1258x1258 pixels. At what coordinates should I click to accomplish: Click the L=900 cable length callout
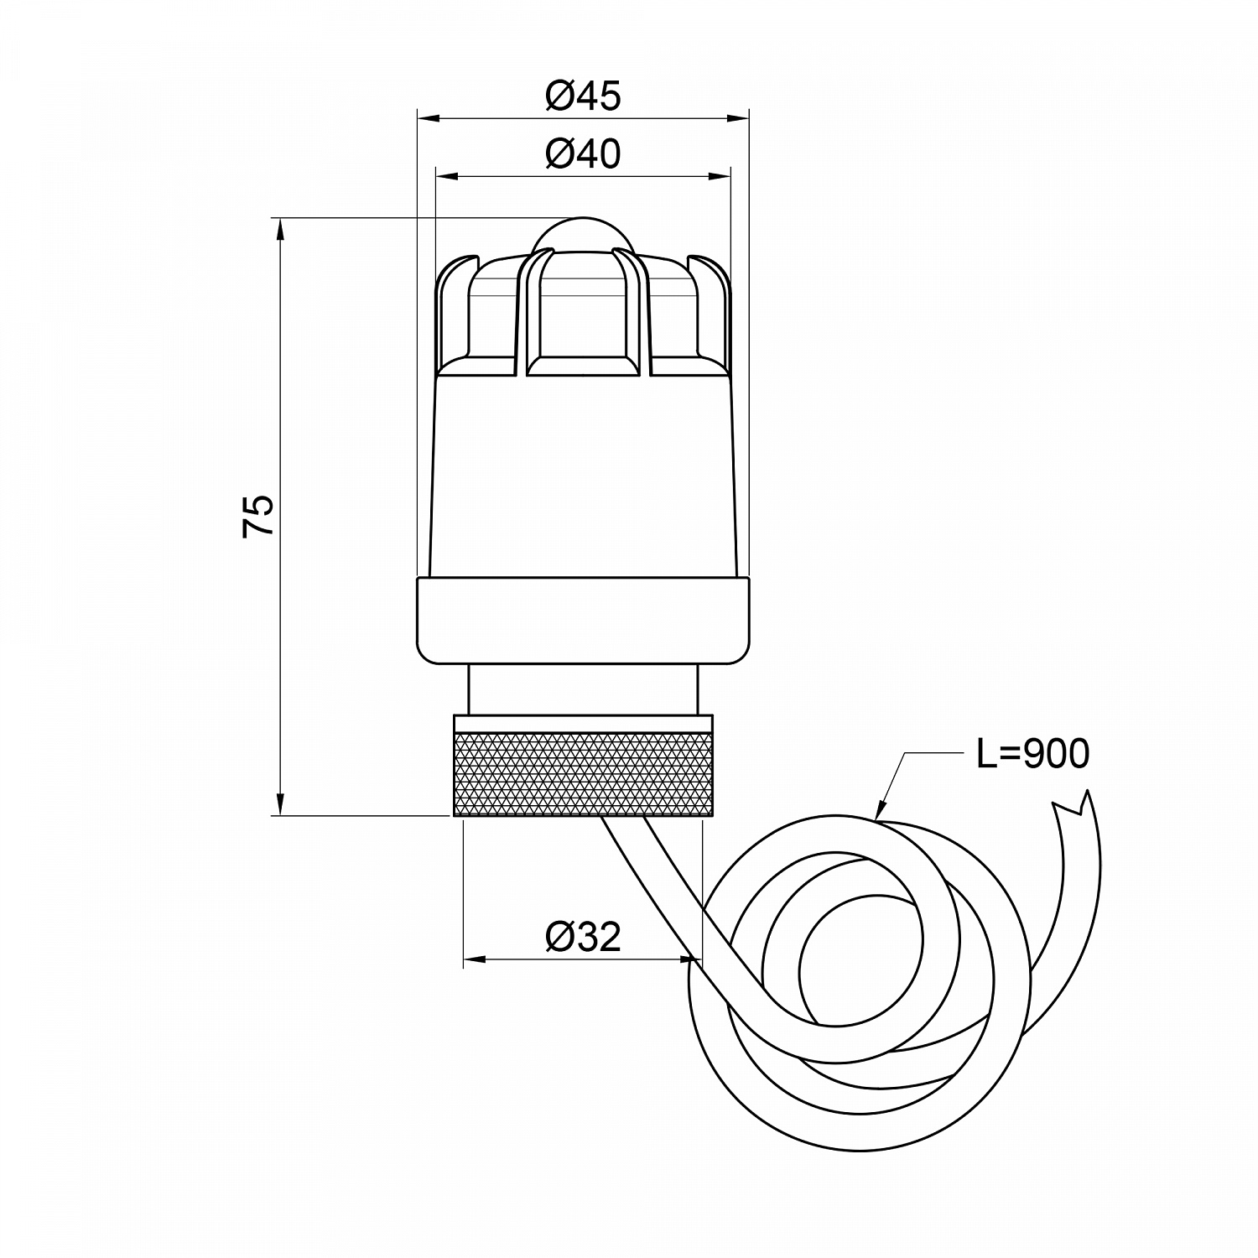point(1032,754)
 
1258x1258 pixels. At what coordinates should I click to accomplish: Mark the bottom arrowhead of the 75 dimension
point(280,804)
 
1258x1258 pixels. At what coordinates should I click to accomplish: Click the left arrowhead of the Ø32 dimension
point(475,959)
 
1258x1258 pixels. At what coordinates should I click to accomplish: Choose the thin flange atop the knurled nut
point(583,723)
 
